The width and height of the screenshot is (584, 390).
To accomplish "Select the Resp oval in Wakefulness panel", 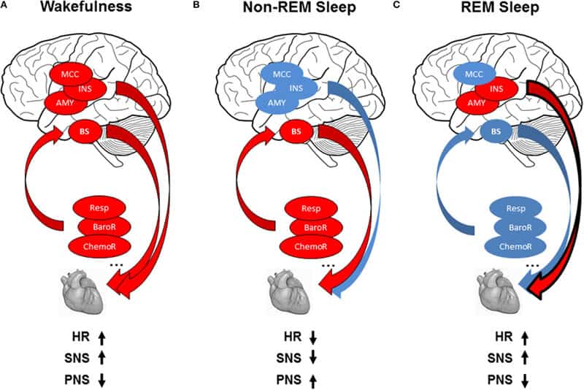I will pos(99,208).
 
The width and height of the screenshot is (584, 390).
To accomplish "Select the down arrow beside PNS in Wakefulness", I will pos(102,381).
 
